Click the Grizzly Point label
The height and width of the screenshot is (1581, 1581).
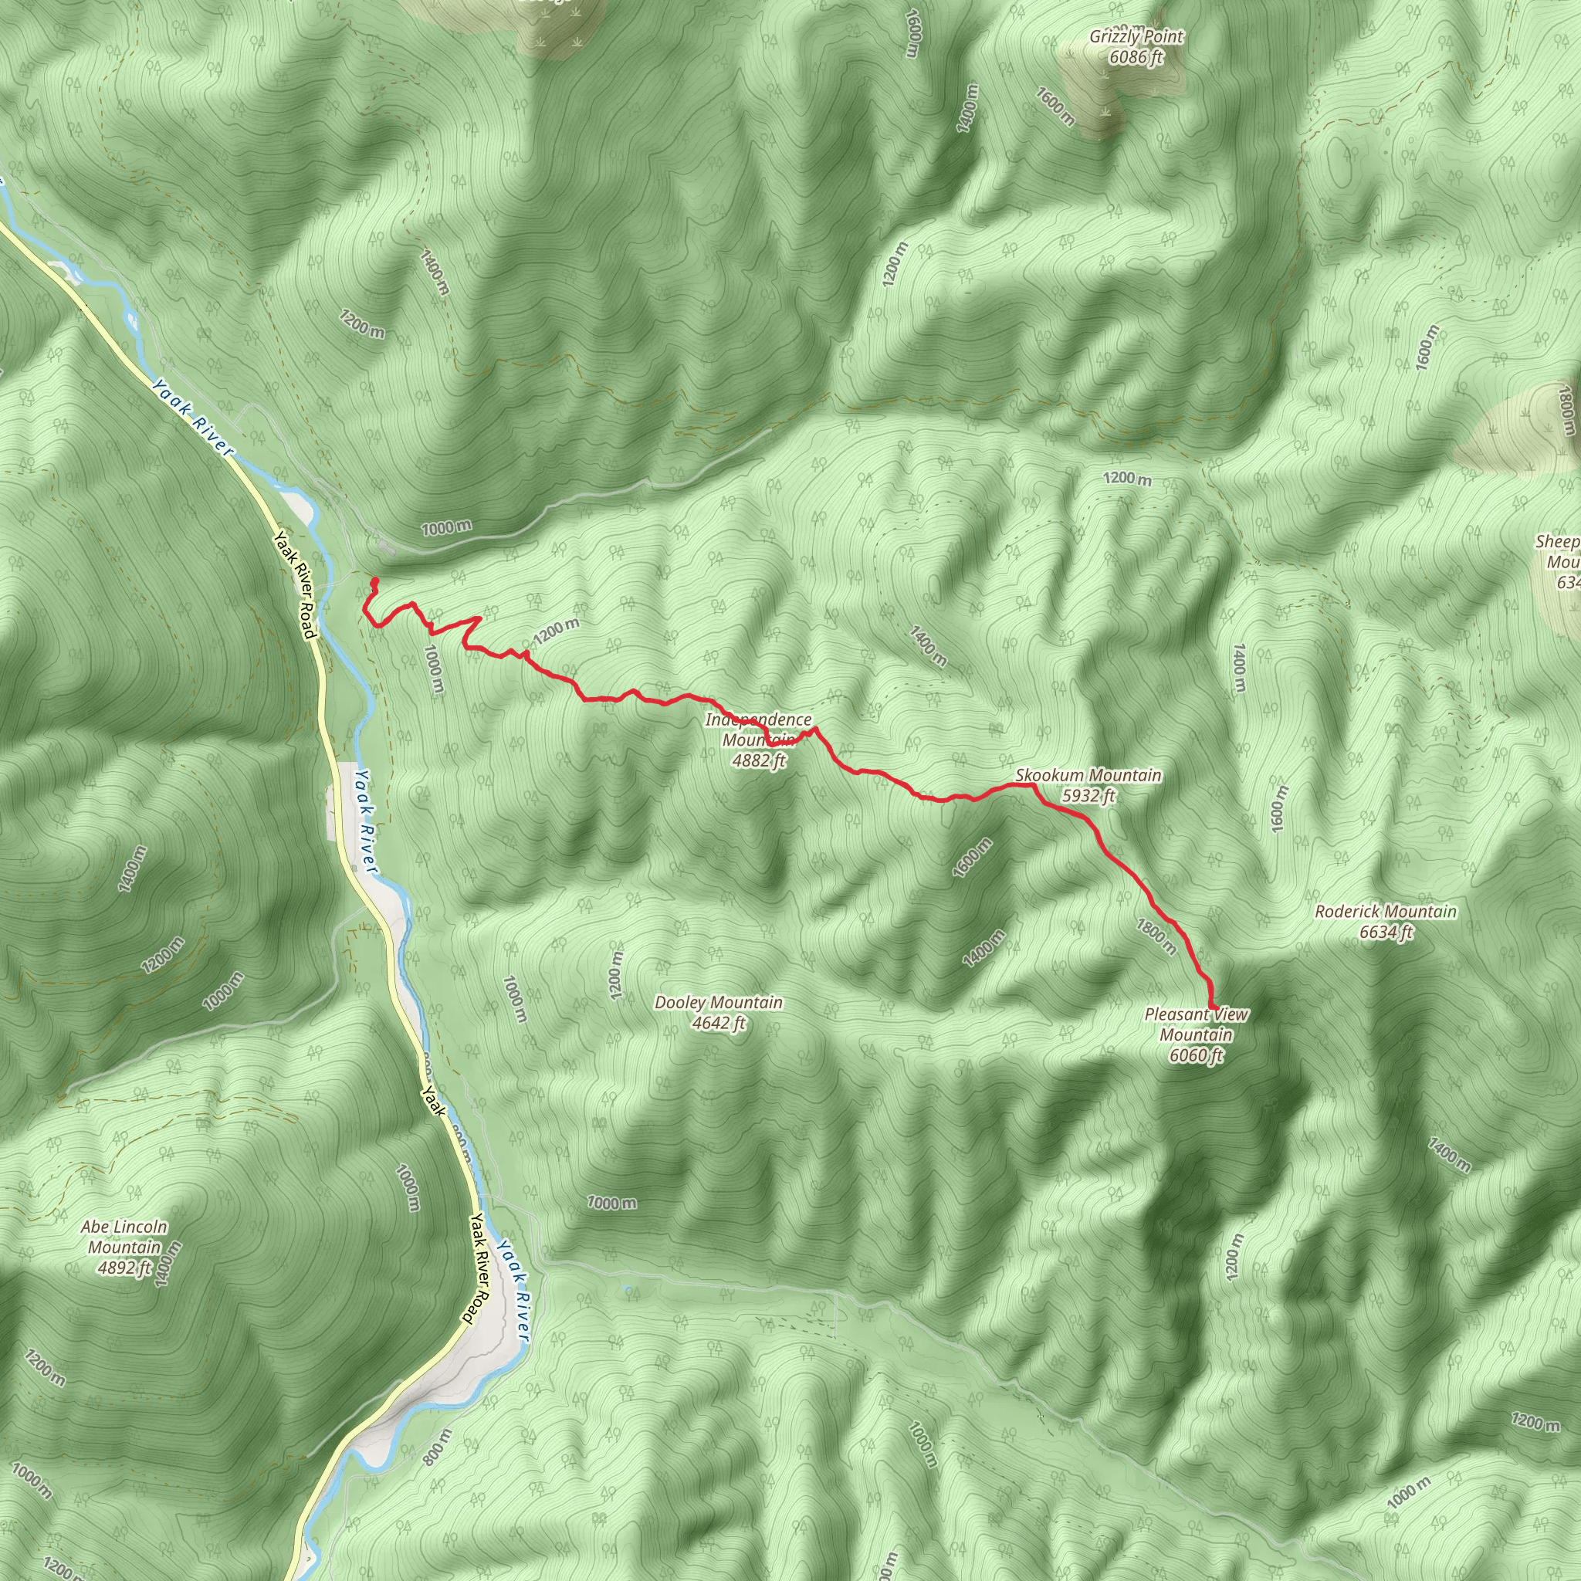coord(1136,37)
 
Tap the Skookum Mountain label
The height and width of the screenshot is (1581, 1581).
coord(1088,775)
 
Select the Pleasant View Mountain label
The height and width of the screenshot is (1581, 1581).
coord(1197,1024)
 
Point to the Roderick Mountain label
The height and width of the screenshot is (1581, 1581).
coord(1386,912)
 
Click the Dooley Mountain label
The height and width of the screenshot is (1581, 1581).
coord(719,1003)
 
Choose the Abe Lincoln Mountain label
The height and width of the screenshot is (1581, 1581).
coord(124,1237)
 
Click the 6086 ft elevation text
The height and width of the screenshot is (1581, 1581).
coord(1136,57)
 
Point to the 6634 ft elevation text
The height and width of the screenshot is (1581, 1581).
coord(1386,932)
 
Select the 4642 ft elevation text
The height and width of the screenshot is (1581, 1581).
coord(719,1023)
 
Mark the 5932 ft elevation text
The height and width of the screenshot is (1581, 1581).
coord(1088,795)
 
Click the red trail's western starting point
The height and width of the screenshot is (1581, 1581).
coord(374,581)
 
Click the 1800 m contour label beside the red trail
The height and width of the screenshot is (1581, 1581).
coord(1156,938)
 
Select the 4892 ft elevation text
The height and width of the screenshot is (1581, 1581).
coord(124,1268)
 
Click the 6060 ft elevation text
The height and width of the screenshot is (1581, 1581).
coord(1196,1055)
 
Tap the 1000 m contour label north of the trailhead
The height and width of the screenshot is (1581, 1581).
coord(446,528)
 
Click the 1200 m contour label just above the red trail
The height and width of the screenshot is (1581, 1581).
coord(556,631)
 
